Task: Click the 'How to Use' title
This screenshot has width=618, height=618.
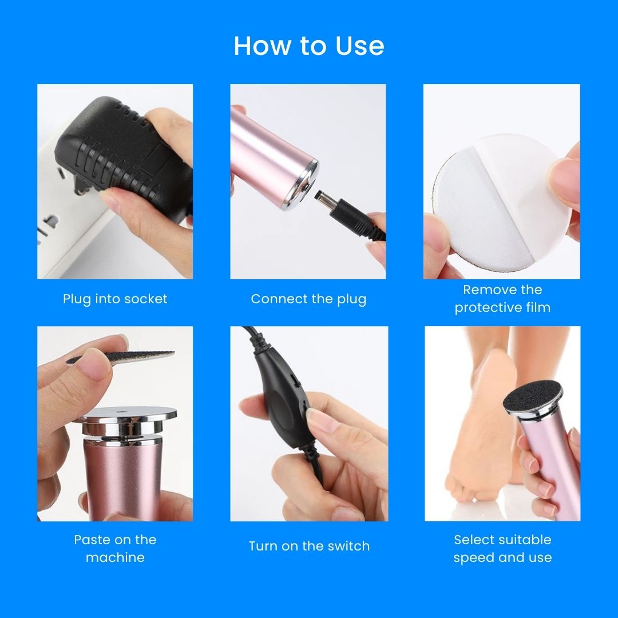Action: (x=309, y=46)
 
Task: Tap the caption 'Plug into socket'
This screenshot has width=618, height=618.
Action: (x=115, y=299)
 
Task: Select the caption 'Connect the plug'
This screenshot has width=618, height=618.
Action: (x=308, y=299)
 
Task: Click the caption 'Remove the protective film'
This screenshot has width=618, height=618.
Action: (x=502, y=298)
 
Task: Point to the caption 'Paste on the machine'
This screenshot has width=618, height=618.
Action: (x=115, y=548)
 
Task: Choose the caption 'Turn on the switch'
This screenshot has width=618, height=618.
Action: (x=310, y=546)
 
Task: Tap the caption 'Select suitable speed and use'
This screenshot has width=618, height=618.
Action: (x=502, y=548)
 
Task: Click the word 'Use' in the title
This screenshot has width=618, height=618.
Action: (x=359, y=46)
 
